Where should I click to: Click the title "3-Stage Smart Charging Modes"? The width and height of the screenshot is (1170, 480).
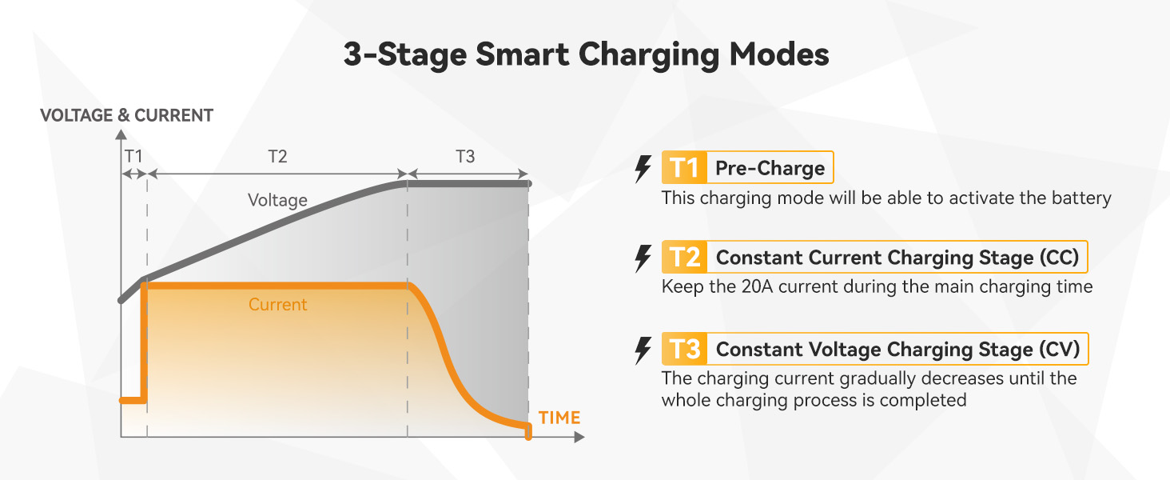coord(585,54)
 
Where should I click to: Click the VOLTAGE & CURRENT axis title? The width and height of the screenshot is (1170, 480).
coord(126,115)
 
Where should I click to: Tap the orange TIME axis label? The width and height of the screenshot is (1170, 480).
coord(559,418)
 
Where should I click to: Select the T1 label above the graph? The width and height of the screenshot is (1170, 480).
coord(132,157)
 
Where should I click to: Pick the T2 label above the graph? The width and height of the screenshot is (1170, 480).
coord(277,157)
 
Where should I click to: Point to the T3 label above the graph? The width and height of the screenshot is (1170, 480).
coord(465,157)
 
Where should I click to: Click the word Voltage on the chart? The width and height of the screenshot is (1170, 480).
coord(277,200)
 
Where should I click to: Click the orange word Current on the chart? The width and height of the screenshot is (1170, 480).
coord(277,305)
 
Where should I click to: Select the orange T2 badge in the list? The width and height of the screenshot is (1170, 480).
coord(685,258)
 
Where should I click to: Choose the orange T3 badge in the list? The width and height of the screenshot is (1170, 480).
coord(685,349)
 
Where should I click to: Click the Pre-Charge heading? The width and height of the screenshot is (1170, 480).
coord(770,168)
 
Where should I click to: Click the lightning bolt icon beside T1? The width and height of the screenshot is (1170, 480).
coord(642,169)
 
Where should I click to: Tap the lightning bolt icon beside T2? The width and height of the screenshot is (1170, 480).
coord(642,258)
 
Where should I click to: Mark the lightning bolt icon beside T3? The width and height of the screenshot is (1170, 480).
coord(642,350)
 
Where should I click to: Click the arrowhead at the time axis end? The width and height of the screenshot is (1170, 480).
coord(579,438)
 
